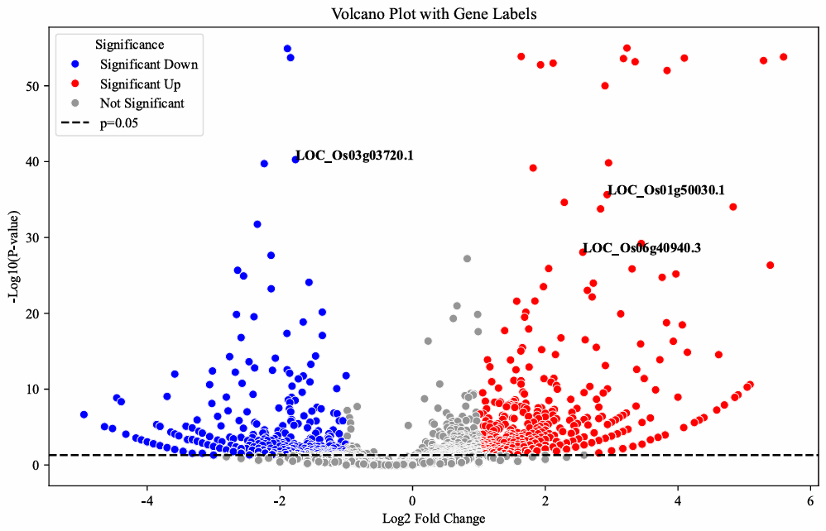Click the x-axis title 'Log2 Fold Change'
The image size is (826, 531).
pyautogui.click(x=429, y=519)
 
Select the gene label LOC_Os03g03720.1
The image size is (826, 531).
pyautogui.click(x=354, y=156)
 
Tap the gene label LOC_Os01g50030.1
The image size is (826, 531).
pyautogui.click(x=666, y=190)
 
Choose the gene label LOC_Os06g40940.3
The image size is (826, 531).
pyautogui.click(x=642, y=247)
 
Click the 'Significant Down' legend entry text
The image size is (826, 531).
pyautogui.click(x=149, y=64)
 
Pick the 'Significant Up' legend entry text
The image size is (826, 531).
pyautogui.click(x=140, y=84)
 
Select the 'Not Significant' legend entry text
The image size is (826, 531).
pyautogui.click(x=142, y=103)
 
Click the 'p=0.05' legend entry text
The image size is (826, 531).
pyautogui.click(x=123, y=123)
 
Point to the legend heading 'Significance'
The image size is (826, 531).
pyautogui.click(x=129, y=44)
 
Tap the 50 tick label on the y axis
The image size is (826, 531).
pyautogui.click(x=34, y=86)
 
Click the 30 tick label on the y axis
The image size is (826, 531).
pyautogui.click(x=34, y=237)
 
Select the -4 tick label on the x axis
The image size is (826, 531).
pyautogui.click(x=146, y=502)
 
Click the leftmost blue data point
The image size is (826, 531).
pyautogui.click(x=84, y=414)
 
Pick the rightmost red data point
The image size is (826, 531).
pyautogui.click(x=784, y=57)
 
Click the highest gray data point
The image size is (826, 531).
pyautogui.click(x=467, y=259)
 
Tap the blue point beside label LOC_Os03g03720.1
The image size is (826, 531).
pyautogui.click(x=295, y=160)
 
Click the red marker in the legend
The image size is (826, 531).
pyautogui.click(x=74, y=84)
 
